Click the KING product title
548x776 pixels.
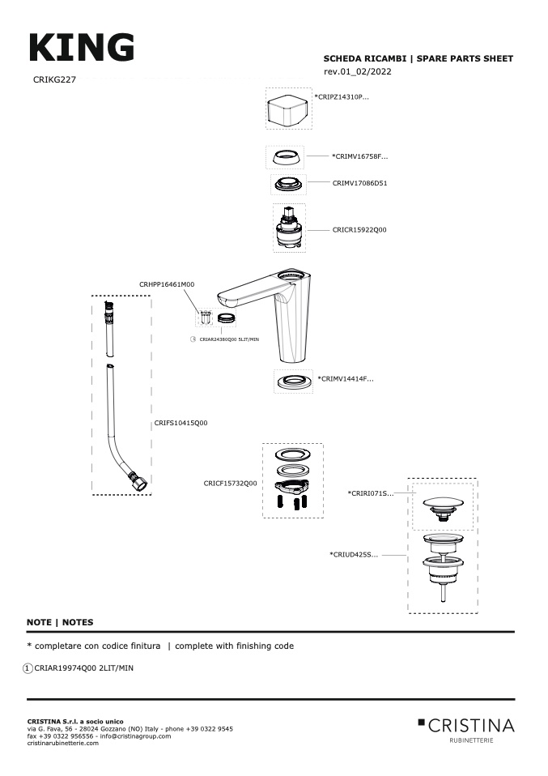(x=82, y=48)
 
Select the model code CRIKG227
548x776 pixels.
(x=54, y=79)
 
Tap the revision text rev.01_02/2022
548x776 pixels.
(x=358, y=71)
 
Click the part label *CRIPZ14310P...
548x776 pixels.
(x=342, y=97)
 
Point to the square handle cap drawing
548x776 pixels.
(x=288, y=109)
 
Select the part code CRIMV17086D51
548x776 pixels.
(x=359, y=183)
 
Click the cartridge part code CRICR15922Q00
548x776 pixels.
(x=359, y=229)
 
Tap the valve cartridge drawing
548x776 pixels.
(x=289, y=228)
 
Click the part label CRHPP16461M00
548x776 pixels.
(x=167, y=284)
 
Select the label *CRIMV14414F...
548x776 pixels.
(x=346, y=379)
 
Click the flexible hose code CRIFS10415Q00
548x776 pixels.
(x=181, y=423)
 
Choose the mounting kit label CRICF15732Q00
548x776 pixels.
(x=231, y=484)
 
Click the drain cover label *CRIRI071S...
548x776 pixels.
(x=371, y=493)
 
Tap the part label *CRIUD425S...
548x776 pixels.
(x=354, y=555)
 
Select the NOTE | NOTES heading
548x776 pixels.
(x=60, y=623)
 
